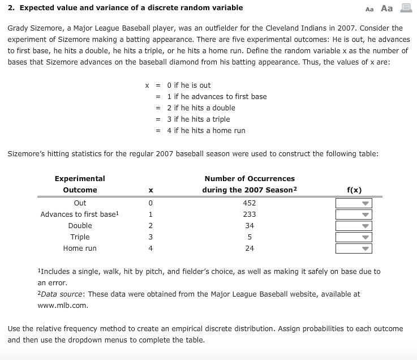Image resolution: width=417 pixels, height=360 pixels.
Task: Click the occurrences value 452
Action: point(249,203)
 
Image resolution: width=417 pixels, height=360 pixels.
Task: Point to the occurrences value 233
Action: point(249,215)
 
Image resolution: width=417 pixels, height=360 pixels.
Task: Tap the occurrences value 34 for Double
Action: point(249,226)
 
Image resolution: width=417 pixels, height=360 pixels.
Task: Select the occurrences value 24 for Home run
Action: point(249,248)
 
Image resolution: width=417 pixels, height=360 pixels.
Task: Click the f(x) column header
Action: point(354,190)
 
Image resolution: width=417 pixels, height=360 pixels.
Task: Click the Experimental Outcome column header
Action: point(80,185)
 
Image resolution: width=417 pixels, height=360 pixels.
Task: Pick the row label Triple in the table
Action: point(80,237)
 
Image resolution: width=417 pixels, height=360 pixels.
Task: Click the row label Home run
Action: point(80,248)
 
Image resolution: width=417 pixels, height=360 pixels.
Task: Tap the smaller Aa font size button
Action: point(370,9)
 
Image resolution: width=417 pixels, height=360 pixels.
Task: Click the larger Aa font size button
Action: point(387,8)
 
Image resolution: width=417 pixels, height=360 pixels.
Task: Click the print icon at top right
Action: point(405,8)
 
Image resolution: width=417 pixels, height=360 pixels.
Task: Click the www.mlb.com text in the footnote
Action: point(63,305)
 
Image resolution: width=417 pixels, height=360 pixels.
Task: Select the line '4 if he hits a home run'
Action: point(206,131)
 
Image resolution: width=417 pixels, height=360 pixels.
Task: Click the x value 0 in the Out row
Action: point(151,203)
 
